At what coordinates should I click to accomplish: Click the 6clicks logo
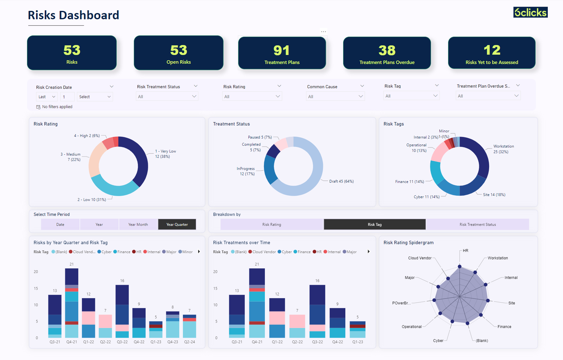point(530,12)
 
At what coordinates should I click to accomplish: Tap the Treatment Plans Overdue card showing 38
point(387,53)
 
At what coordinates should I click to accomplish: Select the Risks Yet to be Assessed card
point(492,53)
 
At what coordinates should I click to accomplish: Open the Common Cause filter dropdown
point(335,97)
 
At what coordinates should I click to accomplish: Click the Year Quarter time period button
point(177,224)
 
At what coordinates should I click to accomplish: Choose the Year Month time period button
point(138,224)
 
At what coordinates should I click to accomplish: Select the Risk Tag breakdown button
point(375,224)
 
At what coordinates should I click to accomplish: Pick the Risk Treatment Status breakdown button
point(478,224)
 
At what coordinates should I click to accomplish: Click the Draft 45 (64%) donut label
point(341,181)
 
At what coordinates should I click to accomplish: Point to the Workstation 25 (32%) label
point(503,149)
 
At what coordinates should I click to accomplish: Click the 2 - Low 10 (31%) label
point(92,200)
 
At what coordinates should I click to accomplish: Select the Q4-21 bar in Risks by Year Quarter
point(72,303)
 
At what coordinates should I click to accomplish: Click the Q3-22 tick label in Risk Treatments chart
point(317,342)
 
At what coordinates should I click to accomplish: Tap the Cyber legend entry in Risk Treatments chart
point(285,252)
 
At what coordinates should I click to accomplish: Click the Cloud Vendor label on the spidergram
point(420,258)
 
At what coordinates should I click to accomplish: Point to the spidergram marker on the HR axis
point(460,267)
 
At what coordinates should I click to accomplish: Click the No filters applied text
point(57,107)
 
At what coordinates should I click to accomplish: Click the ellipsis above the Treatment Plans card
point(324,32)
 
